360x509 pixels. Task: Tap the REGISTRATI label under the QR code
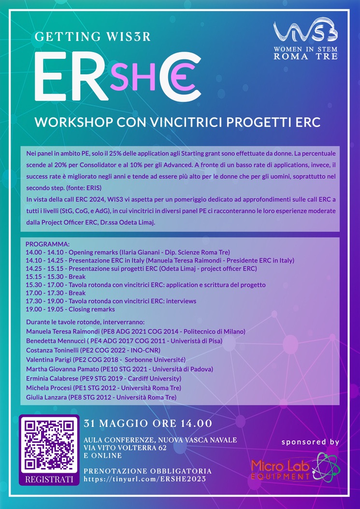49,479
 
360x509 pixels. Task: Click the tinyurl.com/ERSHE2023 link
145,479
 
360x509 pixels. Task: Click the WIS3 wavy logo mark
305,31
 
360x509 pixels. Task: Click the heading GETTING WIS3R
93,37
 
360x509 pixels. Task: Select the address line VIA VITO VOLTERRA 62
125,448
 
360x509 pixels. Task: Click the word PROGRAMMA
47,244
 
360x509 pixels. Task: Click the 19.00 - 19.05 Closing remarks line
70,309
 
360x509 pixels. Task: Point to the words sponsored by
310,442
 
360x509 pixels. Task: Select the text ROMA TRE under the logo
305,56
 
